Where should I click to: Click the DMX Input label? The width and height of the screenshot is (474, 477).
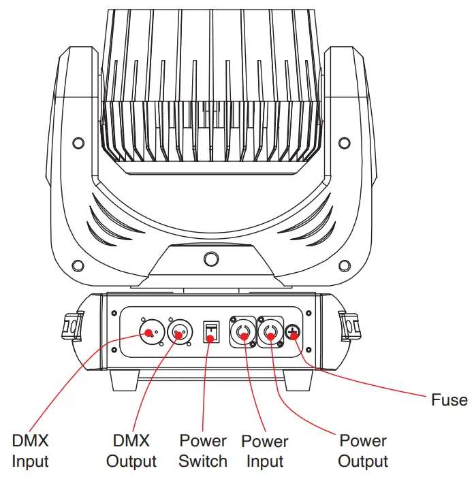31,450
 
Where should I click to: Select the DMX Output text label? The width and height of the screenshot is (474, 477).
131,450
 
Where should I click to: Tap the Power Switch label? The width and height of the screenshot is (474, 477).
203,450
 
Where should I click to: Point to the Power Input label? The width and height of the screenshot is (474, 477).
265,451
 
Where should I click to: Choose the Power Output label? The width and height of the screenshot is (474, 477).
363,450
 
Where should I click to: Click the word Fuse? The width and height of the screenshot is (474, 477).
449,399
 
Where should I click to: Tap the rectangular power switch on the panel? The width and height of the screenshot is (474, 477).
212,333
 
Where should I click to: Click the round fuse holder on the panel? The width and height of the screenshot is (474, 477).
294,333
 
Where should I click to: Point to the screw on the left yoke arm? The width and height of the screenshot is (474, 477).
79,143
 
